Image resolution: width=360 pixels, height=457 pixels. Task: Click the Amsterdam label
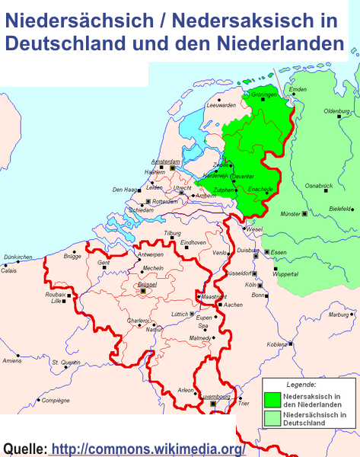[x=165, y=161]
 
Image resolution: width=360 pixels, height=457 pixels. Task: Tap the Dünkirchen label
[x=18, y=257]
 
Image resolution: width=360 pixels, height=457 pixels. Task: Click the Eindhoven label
[x=193, y=242]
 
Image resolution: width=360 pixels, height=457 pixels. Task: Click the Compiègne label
[x=55, y=400]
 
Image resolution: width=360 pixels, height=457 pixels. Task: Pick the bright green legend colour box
[x=271, y=399]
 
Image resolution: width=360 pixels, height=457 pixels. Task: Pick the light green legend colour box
[x=271, y=418]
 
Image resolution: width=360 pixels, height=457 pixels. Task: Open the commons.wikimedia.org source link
[x=148, y=449]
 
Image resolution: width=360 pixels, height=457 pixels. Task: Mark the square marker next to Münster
[x=305, y=214]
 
